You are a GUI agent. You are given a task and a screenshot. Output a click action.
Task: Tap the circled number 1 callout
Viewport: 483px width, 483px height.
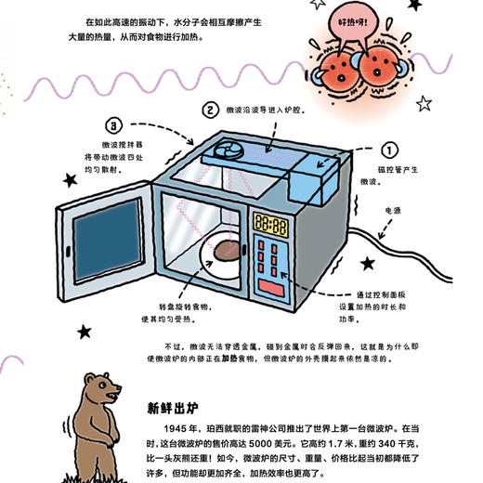pos(387,149)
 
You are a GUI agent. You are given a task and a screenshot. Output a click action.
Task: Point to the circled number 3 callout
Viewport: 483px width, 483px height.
pos(112,124)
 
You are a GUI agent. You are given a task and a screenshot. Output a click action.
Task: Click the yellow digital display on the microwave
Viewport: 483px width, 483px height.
pos(269,224)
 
